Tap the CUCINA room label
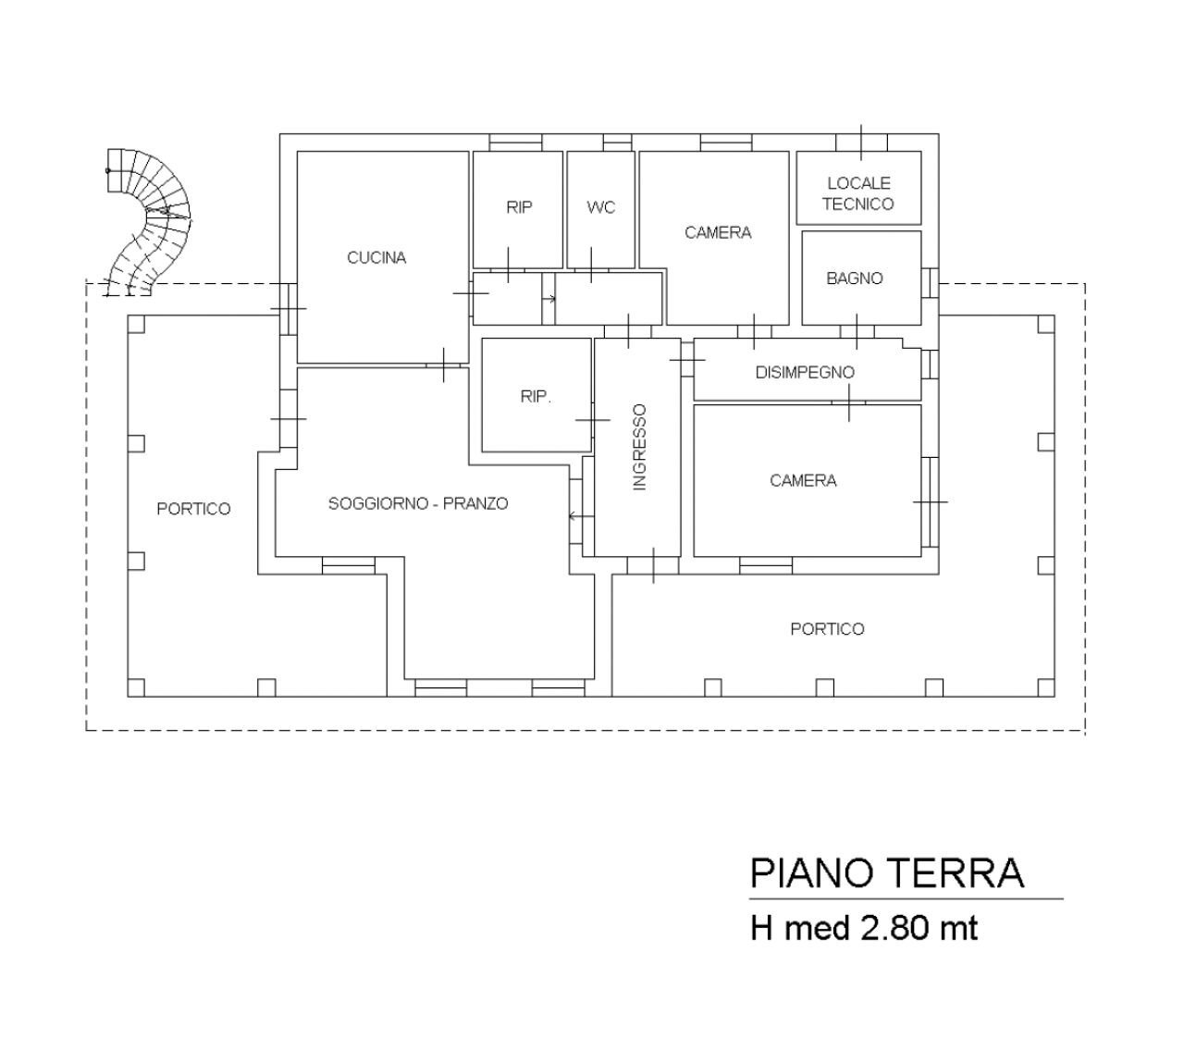[x=376, y=258]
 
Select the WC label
[x=600, y=208]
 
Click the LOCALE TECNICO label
[x=858, y=194]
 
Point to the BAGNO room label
[x=855, y=278]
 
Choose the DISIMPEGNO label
[x=805, y=373]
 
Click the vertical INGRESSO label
[x=639, y=447]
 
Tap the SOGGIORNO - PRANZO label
[x=418, y=504]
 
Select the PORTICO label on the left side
[x=193, y=509]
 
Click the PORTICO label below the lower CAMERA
[x=827, y=629]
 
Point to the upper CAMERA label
[x=718, y=233]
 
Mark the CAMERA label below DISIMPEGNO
[x=803, y=481]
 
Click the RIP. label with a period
[x=536, y=397]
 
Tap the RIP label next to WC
[x=519, y=208]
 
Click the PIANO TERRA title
[x=886, y=873]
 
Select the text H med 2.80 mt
[x=863, y=928]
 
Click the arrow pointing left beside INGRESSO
[x=577, y=515]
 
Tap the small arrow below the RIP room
[x=549, y=299]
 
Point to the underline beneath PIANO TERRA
[x=906, y=898]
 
